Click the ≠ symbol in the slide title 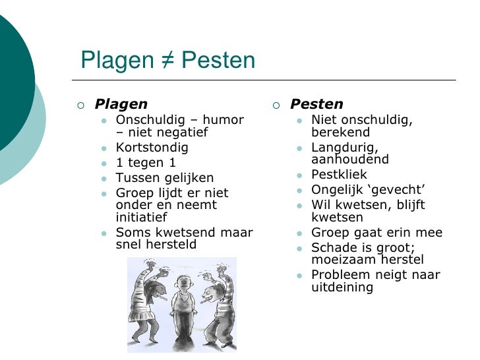(165, 61)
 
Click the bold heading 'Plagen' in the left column (121, 104)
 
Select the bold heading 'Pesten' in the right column (316, 104)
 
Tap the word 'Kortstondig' (152, 148)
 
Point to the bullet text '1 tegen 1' (146, 163)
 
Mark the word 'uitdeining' (342, 287)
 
